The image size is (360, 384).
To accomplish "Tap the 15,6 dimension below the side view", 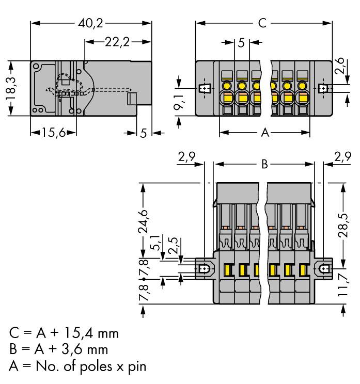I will (x=53, y=133).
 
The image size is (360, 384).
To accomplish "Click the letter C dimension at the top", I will (x=262, y=24).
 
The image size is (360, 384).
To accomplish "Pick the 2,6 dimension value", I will (x=339, y=67).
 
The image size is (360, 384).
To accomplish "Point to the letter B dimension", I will (x=264, y=165).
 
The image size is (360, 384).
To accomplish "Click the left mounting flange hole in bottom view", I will (x=205, y=269).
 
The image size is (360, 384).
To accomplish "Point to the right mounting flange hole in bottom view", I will (x=325, y=269).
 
